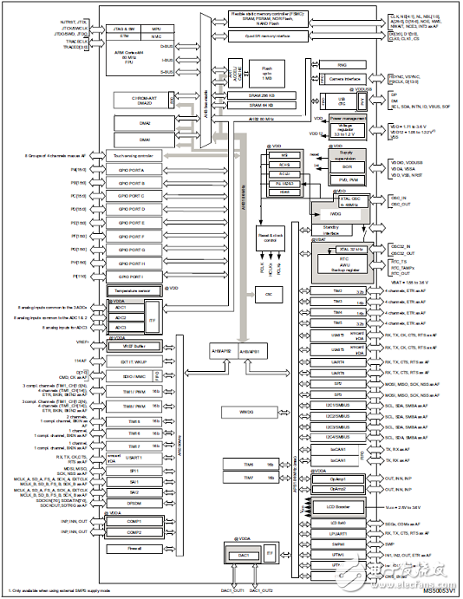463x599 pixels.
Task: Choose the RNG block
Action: tap(330, 64)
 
